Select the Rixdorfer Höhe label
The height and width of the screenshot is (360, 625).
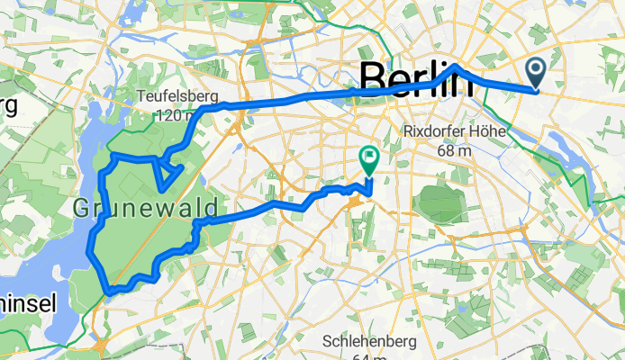pos(457,132)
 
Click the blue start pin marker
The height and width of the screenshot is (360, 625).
pos(535,72)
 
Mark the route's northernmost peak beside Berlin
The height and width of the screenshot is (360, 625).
pos(457,67)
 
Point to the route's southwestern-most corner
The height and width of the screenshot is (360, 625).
pos(107,291)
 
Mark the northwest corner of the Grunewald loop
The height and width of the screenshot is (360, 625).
pos(113,157)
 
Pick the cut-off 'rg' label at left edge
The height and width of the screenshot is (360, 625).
pos(7,106)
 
